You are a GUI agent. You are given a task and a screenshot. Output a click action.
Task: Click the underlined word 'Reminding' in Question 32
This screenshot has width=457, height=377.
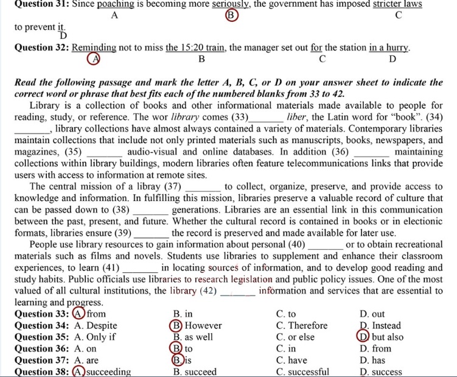click(x=94, y=48)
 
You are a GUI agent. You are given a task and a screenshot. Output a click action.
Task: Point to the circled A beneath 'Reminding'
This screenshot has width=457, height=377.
click(x=93, y=59)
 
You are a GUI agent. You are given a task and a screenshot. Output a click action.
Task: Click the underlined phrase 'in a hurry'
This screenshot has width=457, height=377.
click(x=389, y=48)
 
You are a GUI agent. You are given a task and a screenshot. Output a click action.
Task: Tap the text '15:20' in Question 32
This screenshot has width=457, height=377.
click(x=193, y=48)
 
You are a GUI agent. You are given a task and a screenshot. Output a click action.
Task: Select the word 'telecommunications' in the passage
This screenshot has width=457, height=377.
click(x=319, y=163)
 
